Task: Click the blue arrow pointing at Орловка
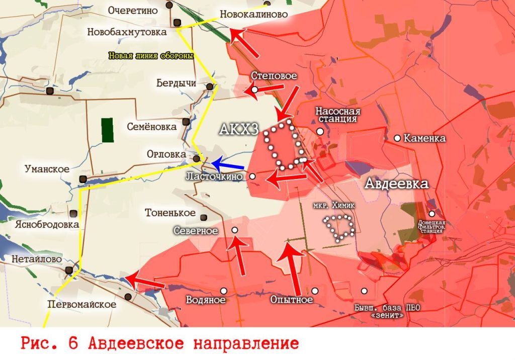(227, 164)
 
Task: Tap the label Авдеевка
(396, 184)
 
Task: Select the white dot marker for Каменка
(397, 138)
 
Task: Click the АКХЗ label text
(239, 130)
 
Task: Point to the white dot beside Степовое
(254, 89)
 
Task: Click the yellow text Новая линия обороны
(151, 56)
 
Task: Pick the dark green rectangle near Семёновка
(107, 130)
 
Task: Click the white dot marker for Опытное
(315, 291)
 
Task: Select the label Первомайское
(81, 304)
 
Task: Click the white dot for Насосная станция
(320, 131)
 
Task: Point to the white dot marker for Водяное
(223, 291)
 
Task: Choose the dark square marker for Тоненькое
(204, 217)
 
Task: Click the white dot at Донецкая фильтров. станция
(432, 214)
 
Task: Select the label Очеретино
(130, 10)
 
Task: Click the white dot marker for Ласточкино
(253, 176)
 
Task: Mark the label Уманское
(47, 169)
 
